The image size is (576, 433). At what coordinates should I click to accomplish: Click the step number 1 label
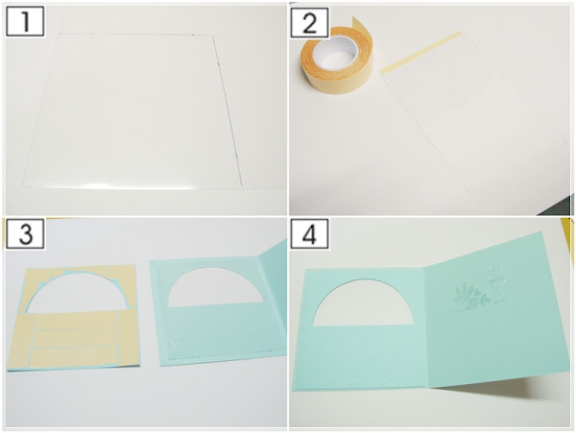pos(25,21)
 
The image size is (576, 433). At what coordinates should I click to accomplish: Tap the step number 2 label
pos(309,22)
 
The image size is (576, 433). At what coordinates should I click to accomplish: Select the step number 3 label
pos(25,233)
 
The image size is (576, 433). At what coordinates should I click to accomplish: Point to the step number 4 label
pos(309,233)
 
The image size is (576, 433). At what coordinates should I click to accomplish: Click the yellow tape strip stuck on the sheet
pos(420,53)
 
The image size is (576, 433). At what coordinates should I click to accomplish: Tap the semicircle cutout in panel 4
pos(363,304)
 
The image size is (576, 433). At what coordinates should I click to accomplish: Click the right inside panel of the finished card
pos(494,312)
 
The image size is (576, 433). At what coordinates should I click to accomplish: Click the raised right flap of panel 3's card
pos(275,294)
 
